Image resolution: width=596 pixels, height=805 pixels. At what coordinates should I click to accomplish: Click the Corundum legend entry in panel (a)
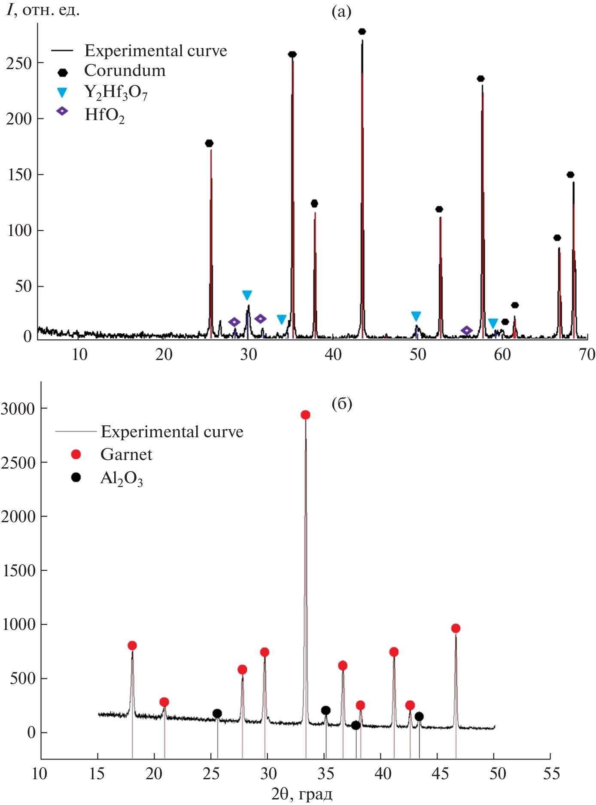click(125, 70)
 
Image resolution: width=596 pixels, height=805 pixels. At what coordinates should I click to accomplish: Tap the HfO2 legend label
click(105, 115)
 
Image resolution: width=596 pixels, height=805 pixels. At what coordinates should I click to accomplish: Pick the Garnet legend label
click(126, 454)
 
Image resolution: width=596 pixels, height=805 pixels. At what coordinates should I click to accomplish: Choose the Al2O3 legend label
click(122, 478)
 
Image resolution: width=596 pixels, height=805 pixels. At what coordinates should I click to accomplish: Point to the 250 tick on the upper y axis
click(20, 64)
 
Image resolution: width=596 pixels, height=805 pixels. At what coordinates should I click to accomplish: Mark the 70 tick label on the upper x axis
click(587, 354)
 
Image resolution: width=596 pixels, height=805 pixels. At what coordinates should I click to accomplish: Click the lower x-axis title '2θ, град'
click(302, 794)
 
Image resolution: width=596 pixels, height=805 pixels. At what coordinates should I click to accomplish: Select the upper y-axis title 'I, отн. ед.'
click(43, 10)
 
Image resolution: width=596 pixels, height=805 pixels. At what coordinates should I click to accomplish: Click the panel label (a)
click(341, 12)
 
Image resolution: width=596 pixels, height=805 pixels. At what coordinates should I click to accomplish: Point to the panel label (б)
click(342, 404)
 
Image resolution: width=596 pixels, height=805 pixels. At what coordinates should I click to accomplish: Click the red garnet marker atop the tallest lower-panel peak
click(305, 415)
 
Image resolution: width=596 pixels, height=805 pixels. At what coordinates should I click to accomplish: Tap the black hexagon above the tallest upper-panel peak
click(362, 31)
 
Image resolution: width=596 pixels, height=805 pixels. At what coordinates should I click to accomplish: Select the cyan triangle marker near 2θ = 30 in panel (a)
click(247, 295)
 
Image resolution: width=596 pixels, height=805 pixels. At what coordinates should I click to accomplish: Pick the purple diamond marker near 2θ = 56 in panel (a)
click(467, 330)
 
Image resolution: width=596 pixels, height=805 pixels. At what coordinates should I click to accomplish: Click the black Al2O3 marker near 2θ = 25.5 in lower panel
click(217, 714)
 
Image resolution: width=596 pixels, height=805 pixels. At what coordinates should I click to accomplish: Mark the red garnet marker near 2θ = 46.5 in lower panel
click(456, 628)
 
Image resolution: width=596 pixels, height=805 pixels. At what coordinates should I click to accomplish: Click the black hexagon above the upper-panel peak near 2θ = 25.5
click(209, 143)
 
